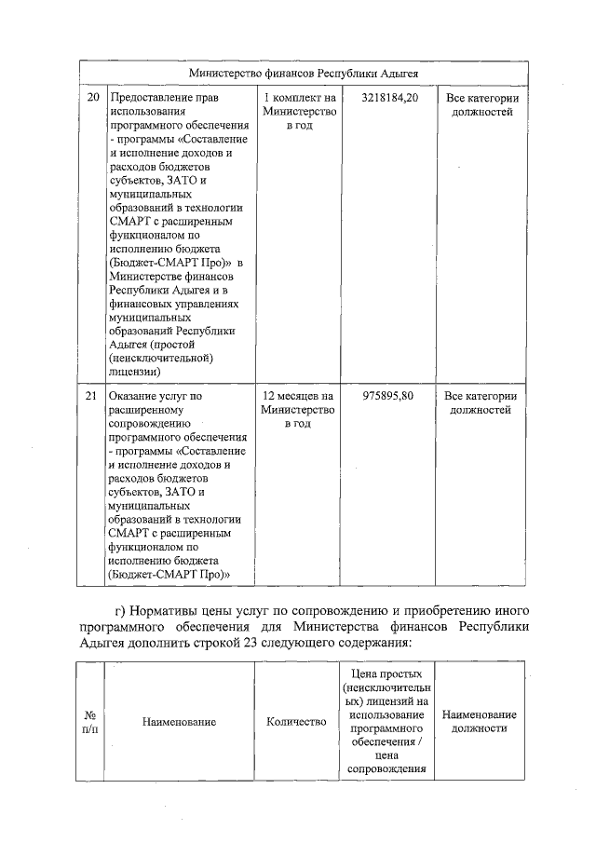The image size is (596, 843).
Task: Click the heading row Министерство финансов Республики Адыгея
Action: [x=304, y=72]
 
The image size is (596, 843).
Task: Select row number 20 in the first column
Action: [x=91, y=97]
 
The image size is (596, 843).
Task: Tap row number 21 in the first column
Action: [x=91, y=396]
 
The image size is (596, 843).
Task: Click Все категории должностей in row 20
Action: [x=481, y=103]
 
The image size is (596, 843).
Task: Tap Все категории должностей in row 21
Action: [x=481, y=402]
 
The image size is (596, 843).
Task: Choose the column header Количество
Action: [x=296, y=722]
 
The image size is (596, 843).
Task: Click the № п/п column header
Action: [x=90, y=722]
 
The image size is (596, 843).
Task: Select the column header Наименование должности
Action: [x=481, y=722]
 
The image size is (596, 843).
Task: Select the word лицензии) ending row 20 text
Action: [x=135, y=371]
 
